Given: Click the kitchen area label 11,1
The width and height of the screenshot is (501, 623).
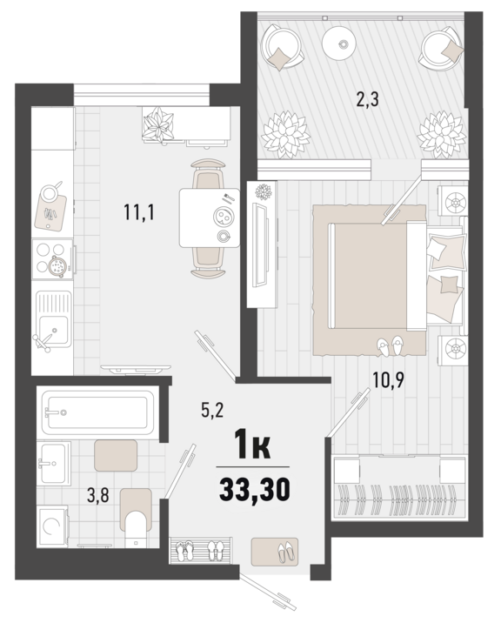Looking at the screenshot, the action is coord(138,212).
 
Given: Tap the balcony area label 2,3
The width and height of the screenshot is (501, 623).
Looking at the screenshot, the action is coord(368,99).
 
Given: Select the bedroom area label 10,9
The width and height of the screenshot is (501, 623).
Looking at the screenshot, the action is coord(388,380).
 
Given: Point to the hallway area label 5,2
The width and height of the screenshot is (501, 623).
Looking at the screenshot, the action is coord(211,410).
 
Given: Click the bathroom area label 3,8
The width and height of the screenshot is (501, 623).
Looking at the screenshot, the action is coord(97,495).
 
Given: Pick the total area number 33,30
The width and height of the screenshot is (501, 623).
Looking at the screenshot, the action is coord(253,488).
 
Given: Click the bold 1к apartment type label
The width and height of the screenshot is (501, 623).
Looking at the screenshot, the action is coord(253,447).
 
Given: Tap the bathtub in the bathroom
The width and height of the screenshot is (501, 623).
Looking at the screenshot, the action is coord(97,412).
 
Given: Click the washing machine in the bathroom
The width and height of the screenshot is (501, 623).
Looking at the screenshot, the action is coord(52,526).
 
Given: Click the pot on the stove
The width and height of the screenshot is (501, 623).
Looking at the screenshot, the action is coord(57,265).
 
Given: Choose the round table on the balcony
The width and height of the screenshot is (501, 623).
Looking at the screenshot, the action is coord(342,43).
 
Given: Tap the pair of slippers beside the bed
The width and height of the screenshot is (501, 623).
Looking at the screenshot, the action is coord(390,345).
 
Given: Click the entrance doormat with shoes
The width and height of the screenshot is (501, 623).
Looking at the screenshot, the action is coord(274,551).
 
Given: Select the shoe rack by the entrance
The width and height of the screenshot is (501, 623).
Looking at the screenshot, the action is coord(200,550).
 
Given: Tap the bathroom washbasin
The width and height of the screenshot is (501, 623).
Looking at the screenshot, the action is coord(54,463).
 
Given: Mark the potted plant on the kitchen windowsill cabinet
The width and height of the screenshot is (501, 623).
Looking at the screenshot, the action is coord(158,123).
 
